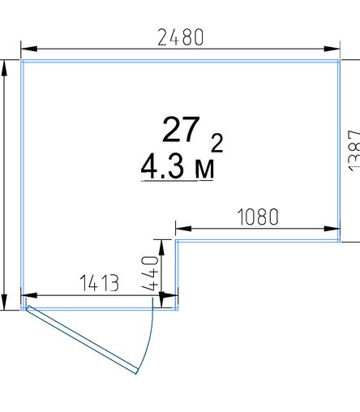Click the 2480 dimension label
(x=180, y=37)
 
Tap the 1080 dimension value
(x=258, y=217)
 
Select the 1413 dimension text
(x=100, y=283)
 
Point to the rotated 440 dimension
(x=150, y=273)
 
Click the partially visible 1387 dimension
(x=354, y=151)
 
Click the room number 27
(x=181, y=130)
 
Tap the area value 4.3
(x=162, y=167)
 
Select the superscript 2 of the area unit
(x=216, y=143)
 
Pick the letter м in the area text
(x=204, y=170)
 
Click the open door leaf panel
(x=82, y=340)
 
